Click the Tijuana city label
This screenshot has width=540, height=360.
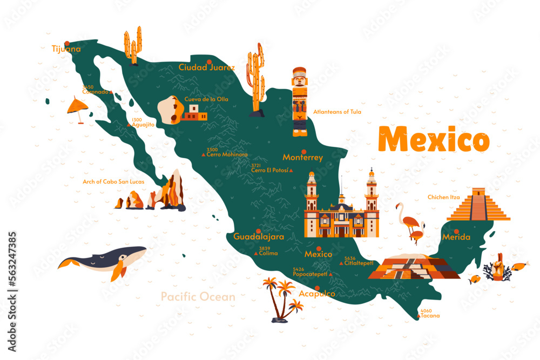point(66,49)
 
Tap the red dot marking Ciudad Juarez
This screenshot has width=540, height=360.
point(208,60)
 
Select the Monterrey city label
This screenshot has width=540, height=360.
point(303,158)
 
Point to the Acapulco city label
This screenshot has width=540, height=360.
point(316,294)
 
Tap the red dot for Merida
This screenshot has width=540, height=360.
point(456,231)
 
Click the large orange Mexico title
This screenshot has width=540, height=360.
point(434,140)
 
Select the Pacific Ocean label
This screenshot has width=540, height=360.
point(198,296)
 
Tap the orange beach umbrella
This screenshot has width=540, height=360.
point(78,106)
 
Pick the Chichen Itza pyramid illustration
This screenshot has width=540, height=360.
point(478,206)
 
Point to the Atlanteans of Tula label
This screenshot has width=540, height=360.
point(337,112)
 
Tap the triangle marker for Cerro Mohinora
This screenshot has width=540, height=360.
point(204,155)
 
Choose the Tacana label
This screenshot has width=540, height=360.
point(430,316)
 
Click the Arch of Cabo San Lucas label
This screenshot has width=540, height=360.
point(113,182)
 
